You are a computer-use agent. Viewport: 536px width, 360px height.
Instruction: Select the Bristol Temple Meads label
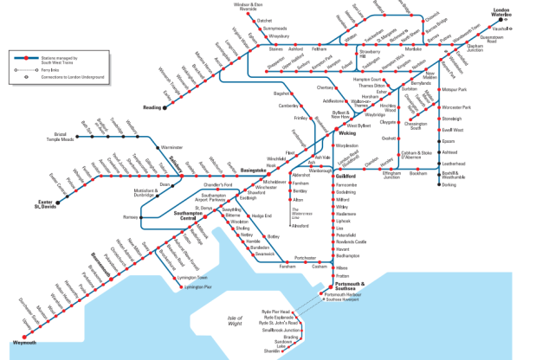click(62, 138)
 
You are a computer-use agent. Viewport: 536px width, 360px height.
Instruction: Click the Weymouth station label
click(24, 343)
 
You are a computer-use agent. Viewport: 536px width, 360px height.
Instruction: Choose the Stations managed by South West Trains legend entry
click(61, 58)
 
